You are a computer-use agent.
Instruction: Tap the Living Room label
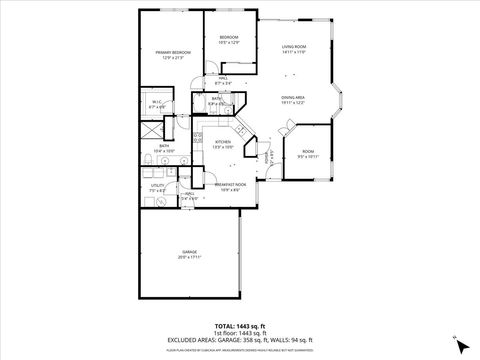[293, 47]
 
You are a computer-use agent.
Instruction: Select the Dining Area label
[293, 98]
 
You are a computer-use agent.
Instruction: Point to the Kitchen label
[223, 142]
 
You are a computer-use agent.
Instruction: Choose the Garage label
[189, 252]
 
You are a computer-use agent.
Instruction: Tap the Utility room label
[158, 185]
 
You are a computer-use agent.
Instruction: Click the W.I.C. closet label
[158, 102]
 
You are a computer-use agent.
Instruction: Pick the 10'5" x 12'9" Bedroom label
[229, 37]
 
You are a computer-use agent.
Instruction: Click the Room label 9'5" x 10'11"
[307, 152]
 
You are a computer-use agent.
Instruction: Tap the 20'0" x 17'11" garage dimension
[189, 258]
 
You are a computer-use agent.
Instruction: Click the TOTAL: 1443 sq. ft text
[240, 326]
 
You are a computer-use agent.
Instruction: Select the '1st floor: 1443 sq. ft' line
[240, 333]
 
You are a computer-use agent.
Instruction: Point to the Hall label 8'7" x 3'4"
[224, 81]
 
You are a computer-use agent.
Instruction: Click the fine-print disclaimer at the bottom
[240, 351]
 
